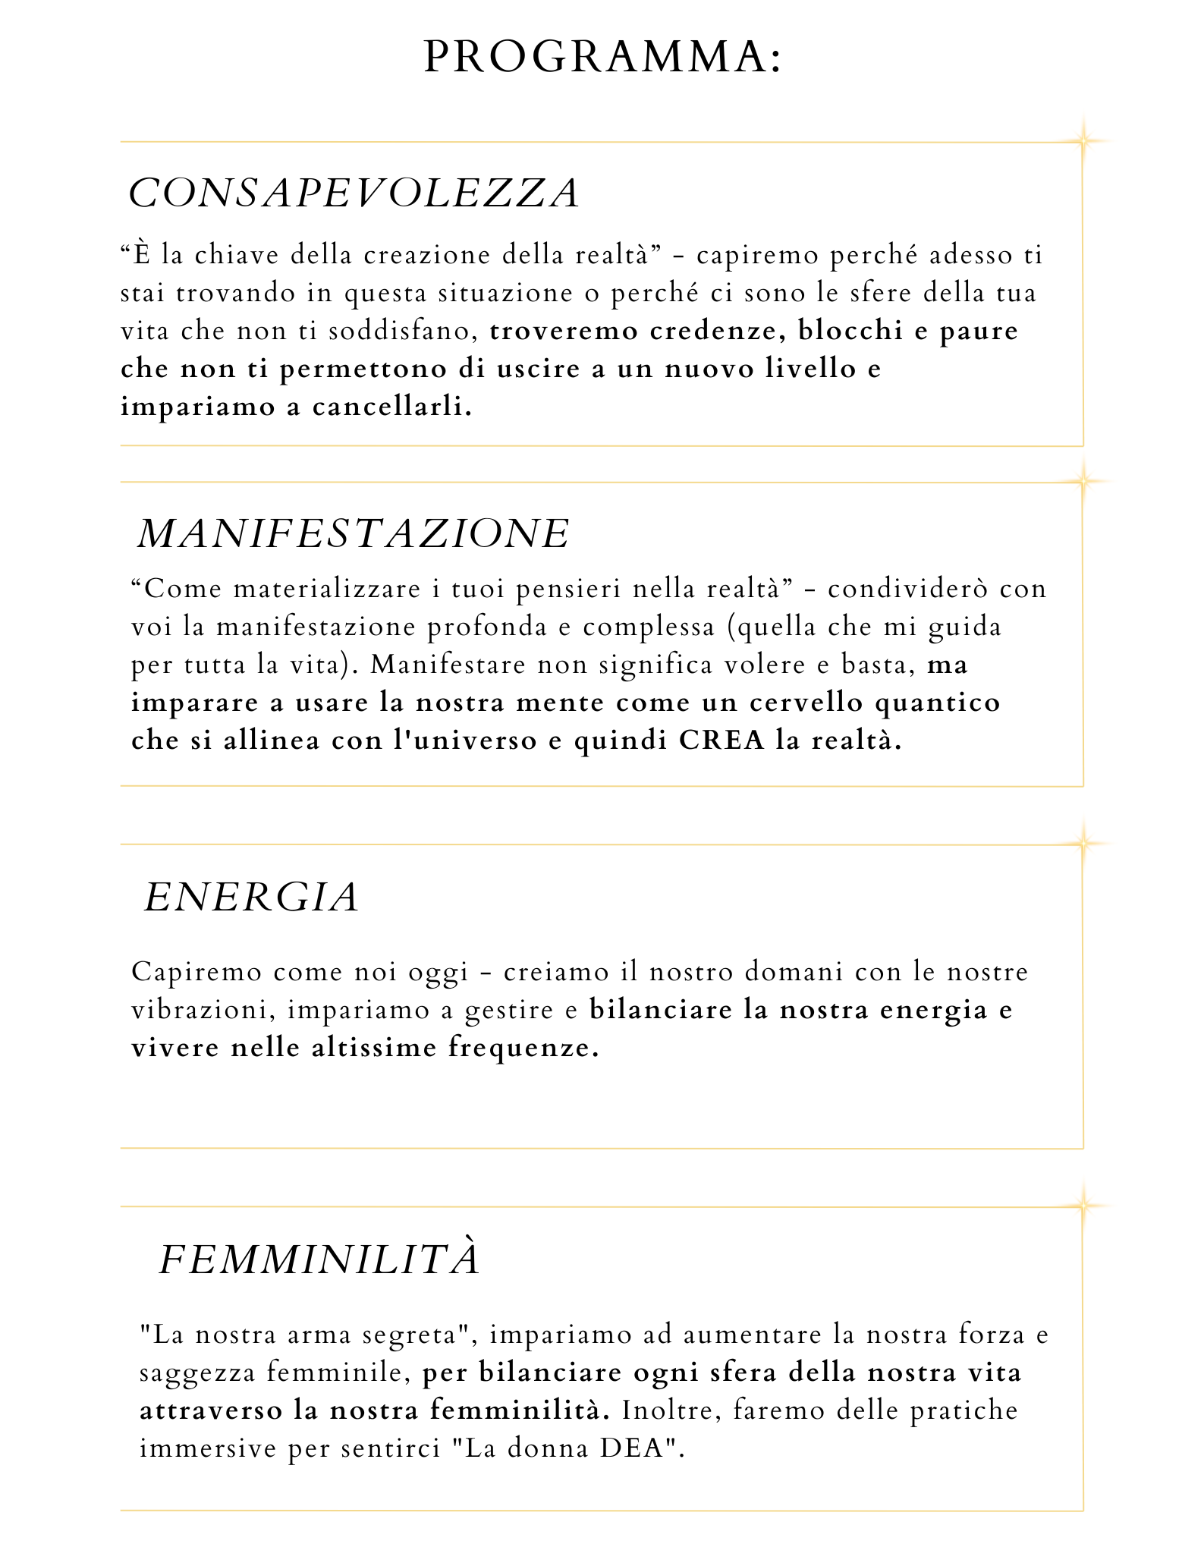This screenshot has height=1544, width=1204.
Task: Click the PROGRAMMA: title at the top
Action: tap(602, 57)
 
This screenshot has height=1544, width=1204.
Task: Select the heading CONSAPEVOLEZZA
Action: tap(354, 193)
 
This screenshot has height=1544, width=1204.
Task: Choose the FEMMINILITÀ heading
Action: tap(320, 1259)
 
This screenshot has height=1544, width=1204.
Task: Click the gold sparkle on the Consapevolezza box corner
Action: tap(1083, 141)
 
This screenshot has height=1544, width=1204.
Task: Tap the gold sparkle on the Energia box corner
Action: tap(1083, 844)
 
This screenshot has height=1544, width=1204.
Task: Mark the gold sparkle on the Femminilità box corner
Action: tap(1083, 1206)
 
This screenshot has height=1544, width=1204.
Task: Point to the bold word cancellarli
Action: tap(392, 407)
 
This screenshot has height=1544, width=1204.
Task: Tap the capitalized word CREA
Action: tap(721, 740)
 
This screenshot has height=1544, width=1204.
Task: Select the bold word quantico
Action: tap(938, 703)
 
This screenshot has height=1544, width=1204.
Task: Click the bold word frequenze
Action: tap(523, 1049)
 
